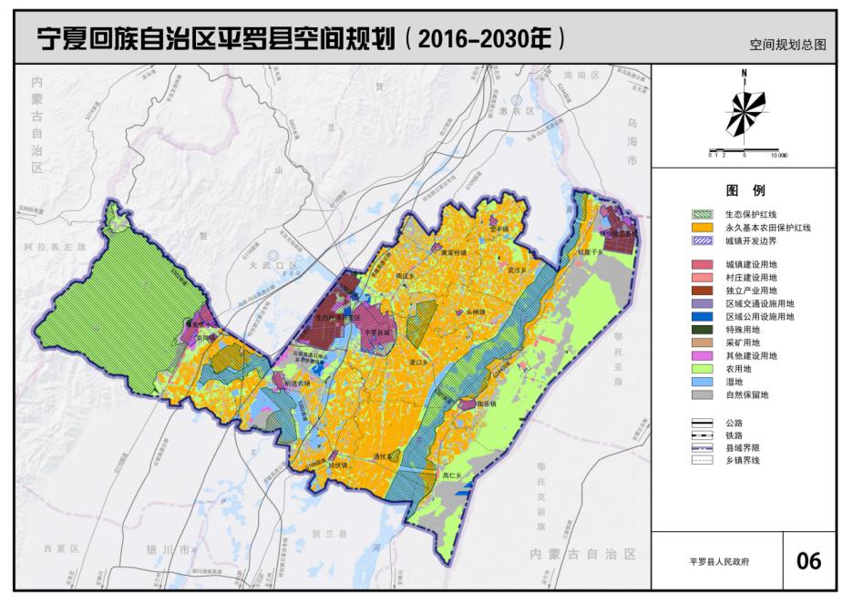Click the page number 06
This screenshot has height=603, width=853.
coord(808,560)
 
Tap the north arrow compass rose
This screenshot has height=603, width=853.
coord(745,109)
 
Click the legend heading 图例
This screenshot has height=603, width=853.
coord(745,191)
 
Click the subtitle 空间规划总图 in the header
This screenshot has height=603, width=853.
coord(787,44)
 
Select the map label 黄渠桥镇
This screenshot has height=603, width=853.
coord(455,252)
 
